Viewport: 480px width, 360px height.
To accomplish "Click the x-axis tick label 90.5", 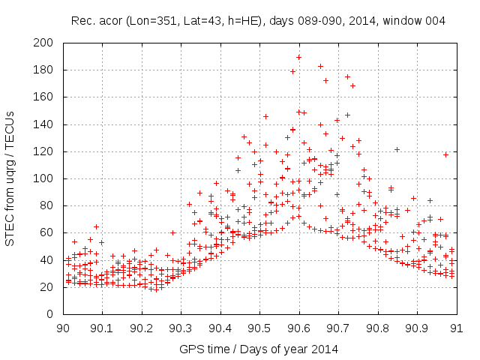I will click(259, 328).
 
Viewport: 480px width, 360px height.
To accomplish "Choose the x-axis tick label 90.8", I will click(377, 328).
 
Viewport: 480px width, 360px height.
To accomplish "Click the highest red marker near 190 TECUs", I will click(298, 57).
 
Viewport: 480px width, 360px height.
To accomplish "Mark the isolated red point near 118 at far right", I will click(445, 154).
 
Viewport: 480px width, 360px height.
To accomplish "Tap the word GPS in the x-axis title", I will click(190, 349).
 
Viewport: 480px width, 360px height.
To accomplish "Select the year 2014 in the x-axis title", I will click(325, 349).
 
